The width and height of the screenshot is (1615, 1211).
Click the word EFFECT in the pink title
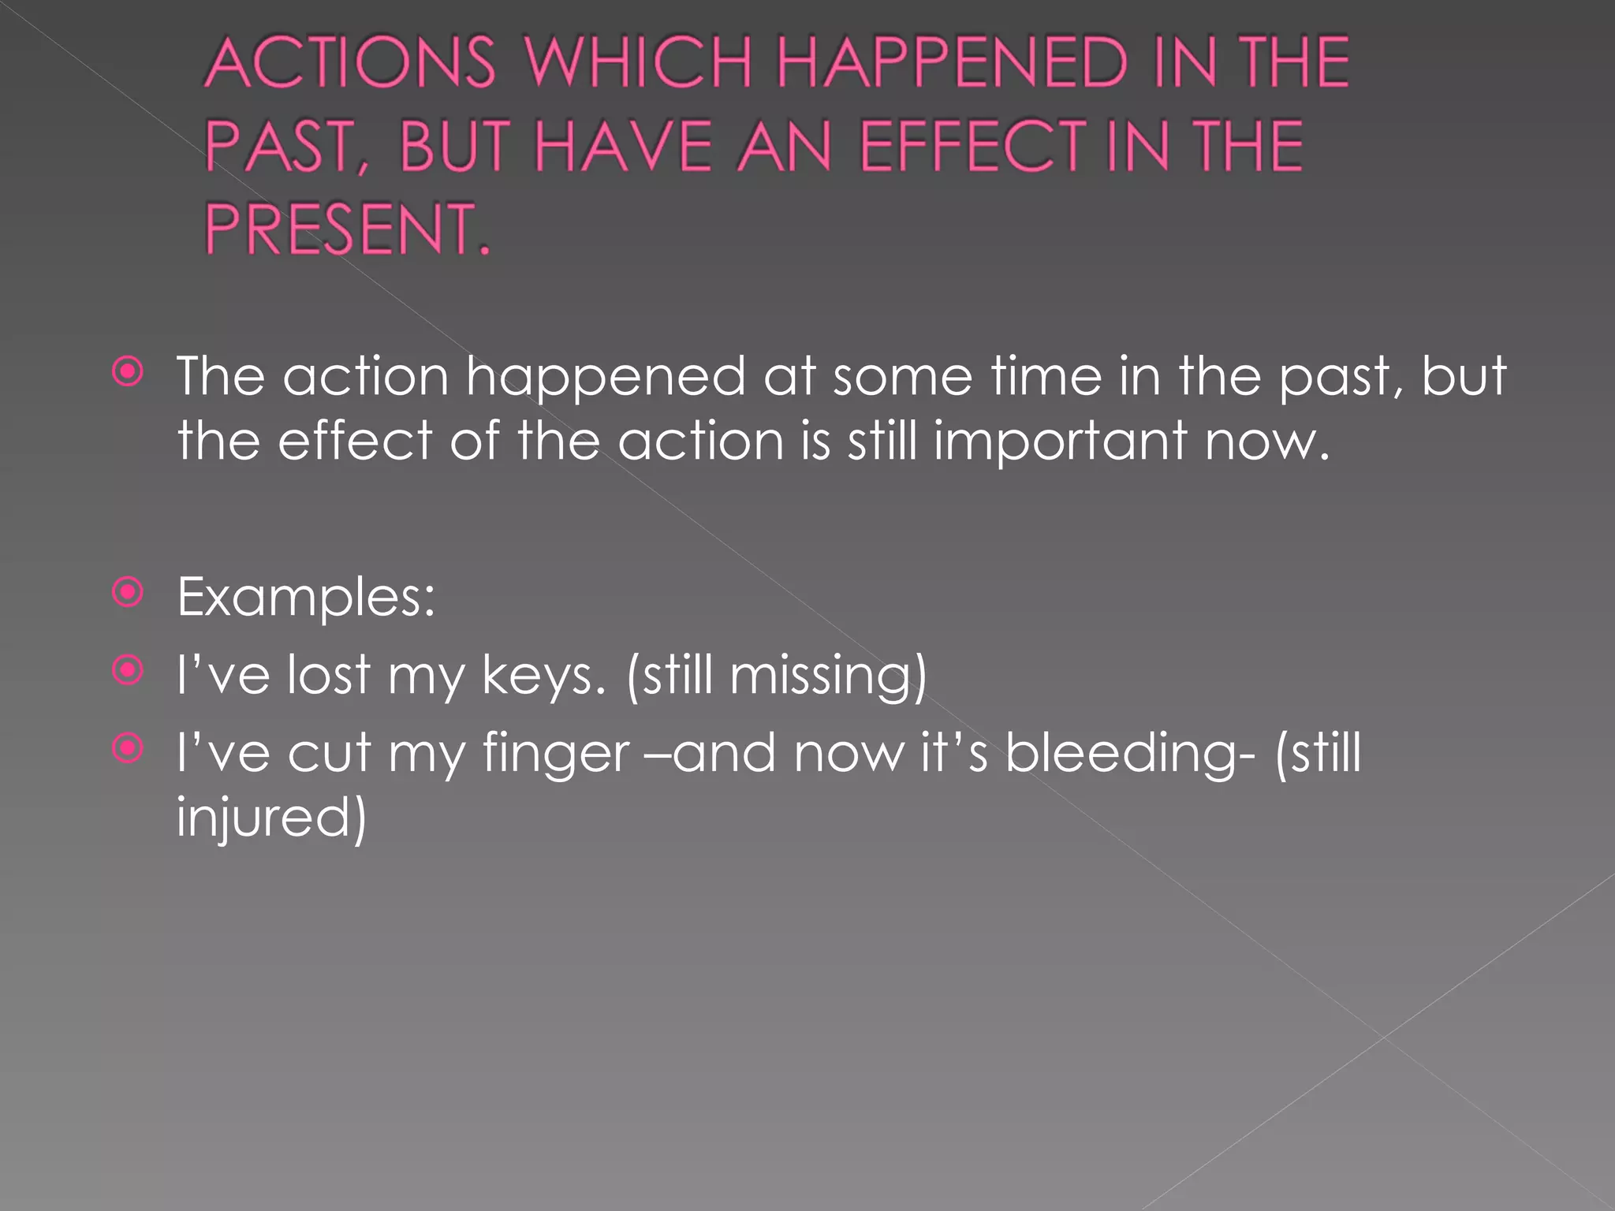[972, 147]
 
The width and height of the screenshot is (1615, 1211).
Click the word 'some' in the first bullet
[902, 377]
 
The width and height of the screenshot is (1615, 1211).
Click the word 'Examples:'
[306, 598]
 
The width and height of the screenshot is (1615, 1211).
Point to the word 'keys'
[543, 676]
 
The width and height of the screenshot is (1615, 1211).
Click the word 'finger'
[556, 754]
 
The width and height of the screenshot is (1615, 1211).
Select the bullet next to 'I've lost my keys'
[128, 670]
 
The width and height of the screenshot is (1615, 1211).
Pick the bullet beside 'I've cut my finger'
[128, 747]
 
